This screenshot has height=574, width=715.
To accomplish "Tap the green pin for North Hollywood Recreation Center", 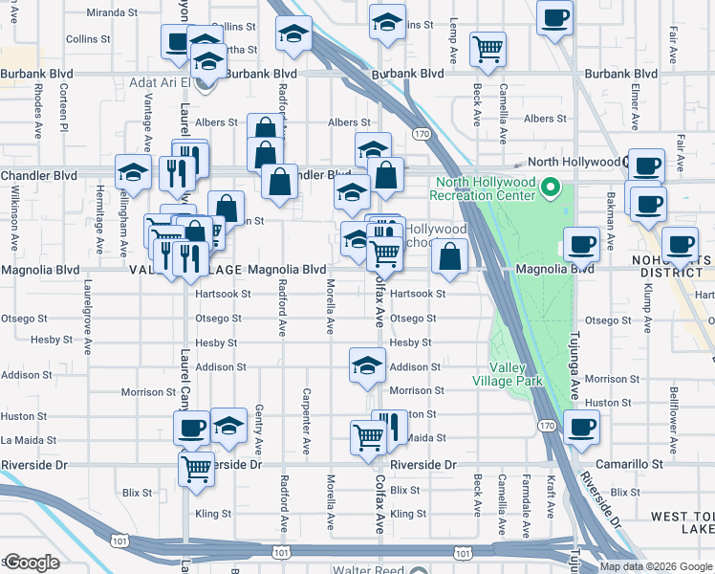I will (x=549, y=188).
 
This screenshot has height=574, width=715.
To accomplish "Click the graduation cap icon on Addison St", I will (x=366, y=367).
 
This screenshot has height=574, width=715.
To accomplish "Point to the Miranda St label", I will (x=113, y=12).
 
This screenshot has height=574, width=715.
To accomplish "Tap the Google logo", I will (x=32, y=563).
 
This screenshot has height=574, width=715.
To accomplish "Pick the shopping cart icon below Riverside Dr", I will (x=196, y=469).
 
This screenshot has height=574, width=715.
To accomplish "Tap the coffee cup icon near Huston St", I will (x=580, y=428).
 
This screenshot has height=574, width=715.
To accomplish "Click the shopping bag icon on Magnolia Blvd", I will (x=449, y=256).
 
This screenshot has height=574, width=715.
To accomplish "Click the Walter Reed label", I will (x=367, y=569).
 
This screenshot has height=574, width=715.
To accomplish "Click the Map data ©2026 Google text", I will (x=655, y=566).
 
